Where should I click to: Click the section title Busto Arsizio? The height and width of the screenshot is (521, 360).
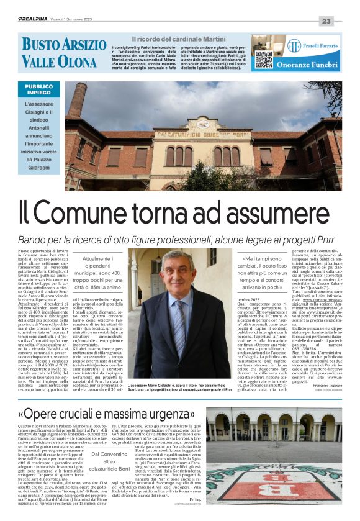[x=64, y=44]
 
